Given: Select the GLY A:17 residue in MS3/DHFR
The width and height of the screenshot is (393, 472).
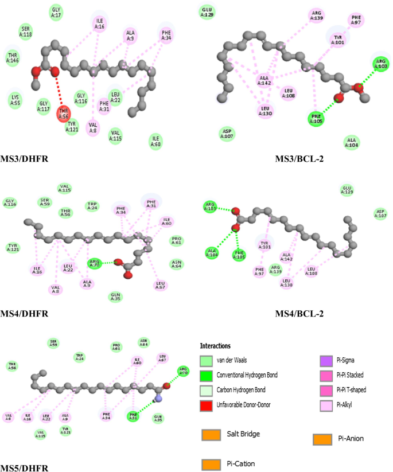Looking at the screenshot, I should pyautogui.click(x=56, y=11).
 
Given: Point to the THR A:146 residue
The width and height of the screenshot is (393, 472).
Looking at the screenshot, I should pyautogui.click(x=12, y=57).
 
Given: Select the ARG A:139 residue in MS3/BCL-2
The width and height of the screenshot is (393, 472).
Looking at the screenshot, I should pyautogui.click(x=316, y=15).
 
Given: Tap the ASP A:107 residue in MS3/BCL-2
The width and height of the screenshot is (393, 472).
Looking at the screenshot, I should pyautogui.click(x=227, y=134).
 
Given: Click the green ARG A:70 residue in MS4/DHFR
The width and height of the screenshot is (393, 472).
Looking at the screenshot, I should pyautogui.click(x=94, y=263).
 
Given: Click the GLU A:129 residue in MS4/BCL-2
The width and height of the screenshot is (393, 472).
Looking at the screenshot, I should pyautogui.click(x=347, y=190).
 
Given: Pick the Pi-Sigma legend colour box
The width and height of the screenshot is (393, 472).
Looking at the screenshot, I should pyautogui.click(x=328, y=361).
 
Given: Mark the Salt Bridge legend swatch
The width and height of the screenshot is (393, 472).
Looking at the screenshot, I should pyautogui.click(x=211, y=435).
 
